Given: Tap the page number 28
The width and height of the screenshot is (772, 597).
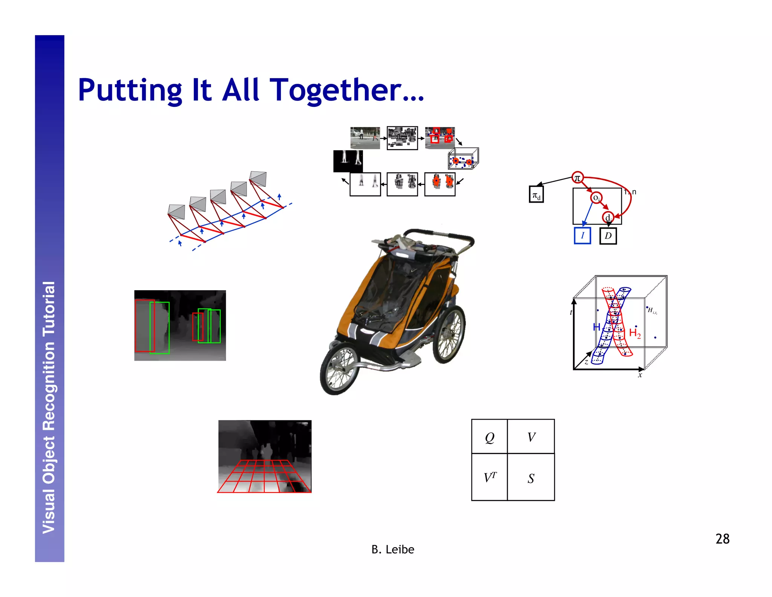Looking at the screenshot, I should (x=722, y=539).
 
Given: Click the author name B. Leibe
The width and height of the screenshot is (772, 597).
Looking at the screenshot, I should (x=392, y=549).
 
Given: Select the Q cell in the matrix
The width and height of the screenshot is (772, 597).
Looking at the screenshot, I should (x=489, y=437).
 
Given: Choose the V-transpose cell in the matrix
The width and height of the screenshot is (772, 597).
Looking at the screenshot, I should (x=489, y=478).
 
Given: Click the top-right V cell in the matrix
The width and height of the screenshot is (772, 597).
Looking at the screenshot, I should (x=531, y=437).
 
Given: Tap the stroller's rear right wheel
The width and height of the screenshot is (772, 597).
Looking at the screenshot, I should (x=449, y=334).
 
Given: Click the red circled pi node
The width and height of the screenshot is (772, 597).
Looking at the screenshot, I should (x=577, y=177).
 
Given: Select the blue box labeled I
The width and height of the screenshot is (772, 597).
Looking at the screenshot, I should (x=582, y=235).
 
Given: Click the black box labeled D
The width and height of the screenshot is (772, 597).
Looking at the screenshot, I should (x=608, y=236).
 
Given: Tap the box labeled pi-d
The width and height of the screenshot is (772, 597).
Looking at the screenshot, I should (x=536, y=195).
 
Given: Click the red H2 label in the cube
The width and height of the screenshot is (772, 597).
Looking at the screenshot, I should (x=635, y=333).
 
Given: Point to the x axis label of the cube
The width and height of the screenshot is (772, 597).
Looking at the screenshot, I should (x=640, y=375).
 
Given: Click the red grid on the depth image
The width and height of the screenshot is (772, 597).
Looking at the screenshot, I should (x=264, y=476).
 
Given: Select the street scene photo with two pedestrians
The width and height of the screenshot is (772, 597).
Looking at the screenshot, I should (x=365, y=138).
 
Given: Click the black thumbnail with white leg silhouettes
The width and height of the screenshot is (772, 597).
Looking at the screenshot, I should (x=348, y=161).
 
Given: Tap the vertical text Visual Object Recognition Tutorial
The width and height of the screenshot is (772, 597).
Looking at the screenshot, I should (x=49, y=408).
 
